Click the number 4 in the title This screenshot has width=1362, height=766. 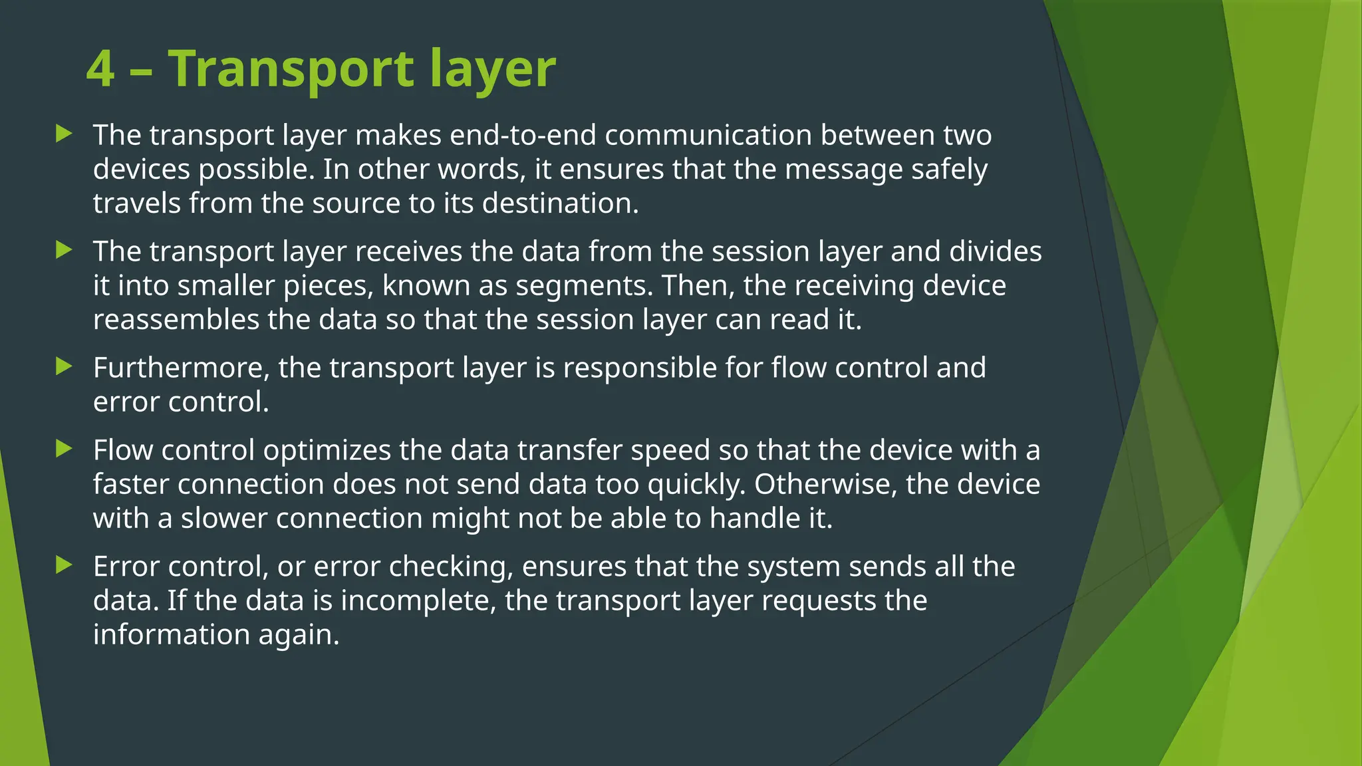(100, 68)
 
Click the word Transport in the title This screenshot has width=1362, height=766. (291, 68)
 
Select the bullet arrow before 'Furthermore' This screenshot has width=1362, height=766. (64, 366)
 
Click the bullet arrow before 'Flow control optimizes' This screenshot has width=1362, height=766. (64, 449)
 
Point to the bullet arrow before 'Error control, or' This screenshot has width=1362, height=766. (64, 565)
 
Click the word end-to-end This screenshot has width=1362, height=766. (523, 135)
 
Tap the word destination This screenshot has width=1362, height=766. (560, 203)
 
